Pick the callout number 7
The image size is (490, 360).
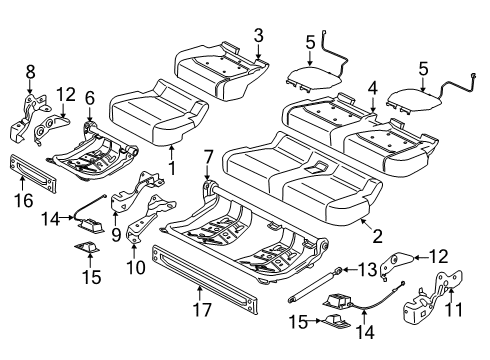click(207, 156)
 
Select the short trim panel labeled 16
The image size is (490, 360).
click(44, 167)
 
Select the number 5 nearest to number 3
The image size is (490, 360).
click(310, 42)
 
